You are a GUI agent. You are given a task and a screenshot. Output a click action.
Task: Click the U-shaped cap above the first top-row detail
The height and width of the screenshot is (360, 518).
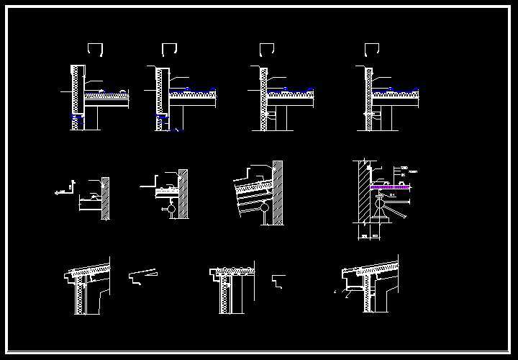(96, 49)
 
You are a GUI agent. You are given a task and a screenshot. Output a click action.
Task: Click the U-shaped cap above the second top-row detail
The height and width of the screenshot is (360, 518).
(170, 49)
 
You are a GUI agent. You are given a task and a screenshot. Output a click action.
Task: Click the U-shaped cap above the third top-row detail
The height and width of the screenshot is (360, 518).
(266, 49)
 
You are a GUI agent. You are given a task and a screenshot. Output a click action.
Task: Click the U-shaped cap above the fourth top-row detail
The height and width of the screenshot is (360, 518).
(371, 49)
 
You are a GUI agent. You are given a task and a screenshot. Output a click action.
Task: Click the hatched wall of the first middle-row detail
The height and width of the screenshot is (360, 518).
(106, 198)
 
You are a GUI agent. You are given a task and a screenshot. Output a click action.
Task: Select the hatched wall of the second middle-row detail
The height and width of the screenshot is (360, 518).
(183, 194)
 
